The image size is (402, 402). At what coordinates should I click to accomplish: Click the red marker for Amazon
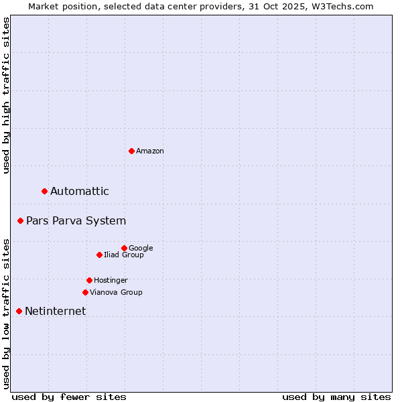(131, 151)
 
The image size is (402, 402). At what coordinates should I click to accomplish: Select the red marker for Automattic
(45, 192)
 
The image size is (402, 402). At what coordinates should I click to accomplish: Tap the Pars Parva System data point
(21, 220)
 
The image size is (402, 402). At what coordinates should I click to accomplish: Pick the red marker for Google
(124, 248)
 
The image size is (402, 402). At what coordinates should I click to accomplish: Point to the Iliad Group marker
(99, 255)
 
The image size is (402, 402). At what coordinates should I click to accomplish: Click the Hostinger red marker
(89, 280)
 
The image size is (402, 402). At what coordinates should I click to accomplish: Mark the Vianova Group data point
(85, 292)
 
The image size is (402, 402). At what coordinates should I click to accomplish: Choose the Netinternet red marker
(19, 311)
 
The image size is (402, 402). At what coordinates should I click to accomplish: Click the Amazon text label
(150, 151)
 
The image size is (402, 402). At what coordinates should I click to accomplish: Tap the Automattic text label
(80, 192)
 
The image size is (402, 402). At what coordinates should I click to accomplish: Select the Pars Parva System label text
(76, 221)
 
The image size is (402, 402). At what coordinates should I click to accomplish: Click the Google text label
(141, 248)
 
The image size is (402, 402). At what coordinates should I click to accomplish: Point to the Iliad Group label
(124, 255)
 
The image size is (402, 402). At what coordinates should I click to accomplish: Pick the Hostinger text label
(111, 280)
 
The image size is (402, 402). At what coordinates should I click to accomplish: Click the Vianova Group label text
(116, 292)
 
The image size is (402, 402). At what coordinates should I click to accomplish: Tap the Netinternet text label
(55, 312)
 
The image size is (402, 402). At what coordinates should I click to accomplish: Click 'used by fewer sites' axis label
(69, 397)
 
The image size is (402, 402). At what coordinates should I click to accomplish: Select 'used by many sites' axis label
(336, 397)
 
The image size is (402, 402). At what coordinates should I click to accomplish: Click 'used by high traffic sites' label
(7, 95)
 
